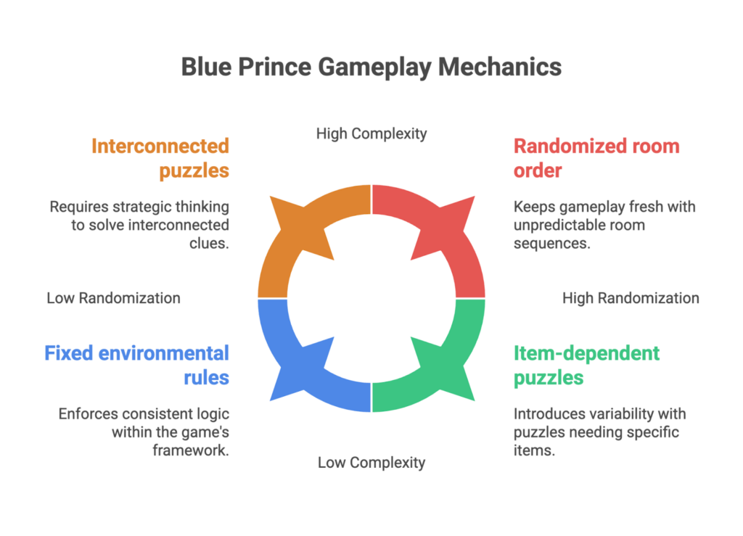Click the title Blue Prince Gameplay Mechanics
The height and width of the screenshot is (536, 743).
tap(371, 67)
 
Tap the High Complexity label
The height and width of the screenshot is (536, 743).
tap(371, 133)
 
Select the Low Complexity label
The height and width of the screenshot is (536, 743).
tap(371, 462)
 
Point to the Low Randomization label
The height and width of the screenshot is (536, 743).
tap(114, 297)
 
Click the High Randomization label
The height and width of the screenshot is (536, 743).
tap(631, 297)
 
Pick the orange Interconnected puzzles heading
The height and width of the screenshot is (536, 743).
tap(160, 158)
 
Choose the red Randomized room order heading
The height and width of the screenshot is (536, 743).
tap(596, 158)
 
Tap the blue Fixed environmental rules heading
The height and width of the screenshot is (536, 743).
tap(136, 366)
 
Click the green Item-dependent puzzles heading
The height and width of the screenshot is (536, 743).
tap(586, 366)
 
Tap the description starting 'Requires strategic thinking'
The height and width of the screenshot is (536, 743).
tap(139, 225)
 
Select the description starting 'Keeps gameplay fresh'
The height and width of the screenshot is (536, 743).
tap(604, 225)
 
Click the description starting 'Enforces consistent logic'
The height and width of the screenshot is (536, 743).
tap(144, 432)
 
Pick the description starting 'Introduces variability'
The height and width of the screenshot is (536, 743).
tap(599, 432)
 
